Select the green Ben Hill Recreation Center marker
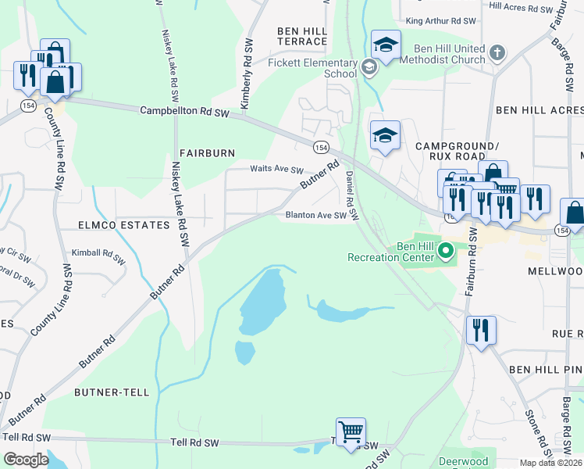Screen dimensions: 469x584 coord(446,251)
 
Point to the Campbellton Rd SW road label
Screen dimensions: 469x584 coord(184,112)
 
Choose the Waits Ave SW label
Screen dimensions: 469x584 coord(276,169)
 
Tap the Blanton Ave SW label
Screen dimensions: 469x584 coord(315,215)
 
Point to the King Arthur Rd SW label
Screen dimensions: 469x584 coord(437,20)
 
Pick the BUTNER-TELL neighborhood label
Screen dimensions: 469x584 coord(112,392)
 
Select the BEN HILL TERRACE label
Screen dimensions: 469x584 coord(301,35)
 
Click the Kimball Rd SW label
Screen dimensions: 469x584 coord(98,253)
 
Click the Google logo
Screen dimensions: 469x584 coord(26,459)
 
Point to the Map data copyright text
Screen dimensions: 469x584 coord(551,463)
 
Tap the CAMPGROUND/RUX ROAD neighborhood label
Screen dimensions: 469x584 coord(457,152)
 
